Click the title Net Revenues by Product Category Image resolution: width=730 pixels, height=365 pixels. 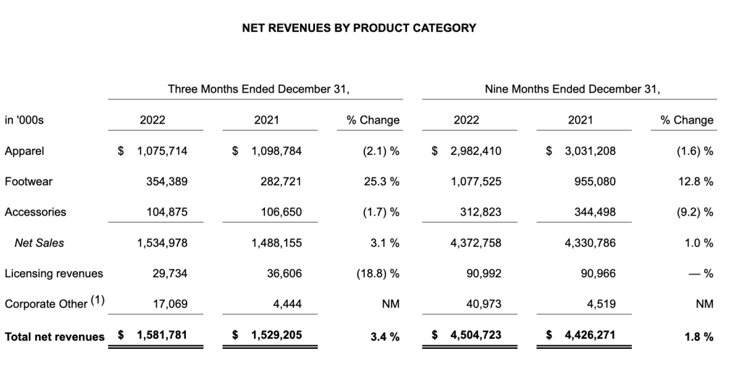coord(358,28)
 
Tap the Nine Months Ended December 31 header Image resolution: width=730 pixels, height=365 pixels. coord(572,89)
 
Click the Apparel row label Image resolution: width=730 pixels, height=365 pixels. coord(24,151)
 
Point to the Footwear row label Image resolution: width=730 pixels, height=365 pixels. coord(28,182)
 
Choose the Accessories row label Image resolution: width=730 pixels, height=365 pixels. coord(35,212)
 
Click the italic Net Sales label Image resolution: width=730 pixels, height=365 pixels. coord(39,243)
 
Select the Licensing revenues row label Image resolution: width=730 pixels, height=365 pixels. coord(53,273)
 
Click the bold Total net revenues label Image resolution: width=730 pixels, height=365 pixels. coord(55,336)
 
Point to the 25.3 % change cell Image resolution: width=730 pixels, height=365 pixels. coord(380,182)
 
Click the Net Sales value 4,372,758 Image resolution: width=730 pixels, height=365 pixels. coord(476,243)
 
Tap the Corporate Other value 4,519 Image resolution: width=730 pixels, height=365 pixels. coord(602,304)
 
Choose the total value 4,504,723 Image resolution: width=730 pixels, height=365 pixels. coord(476,335)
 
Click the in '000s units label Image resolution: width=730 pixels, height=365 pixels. coord(24,120)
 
